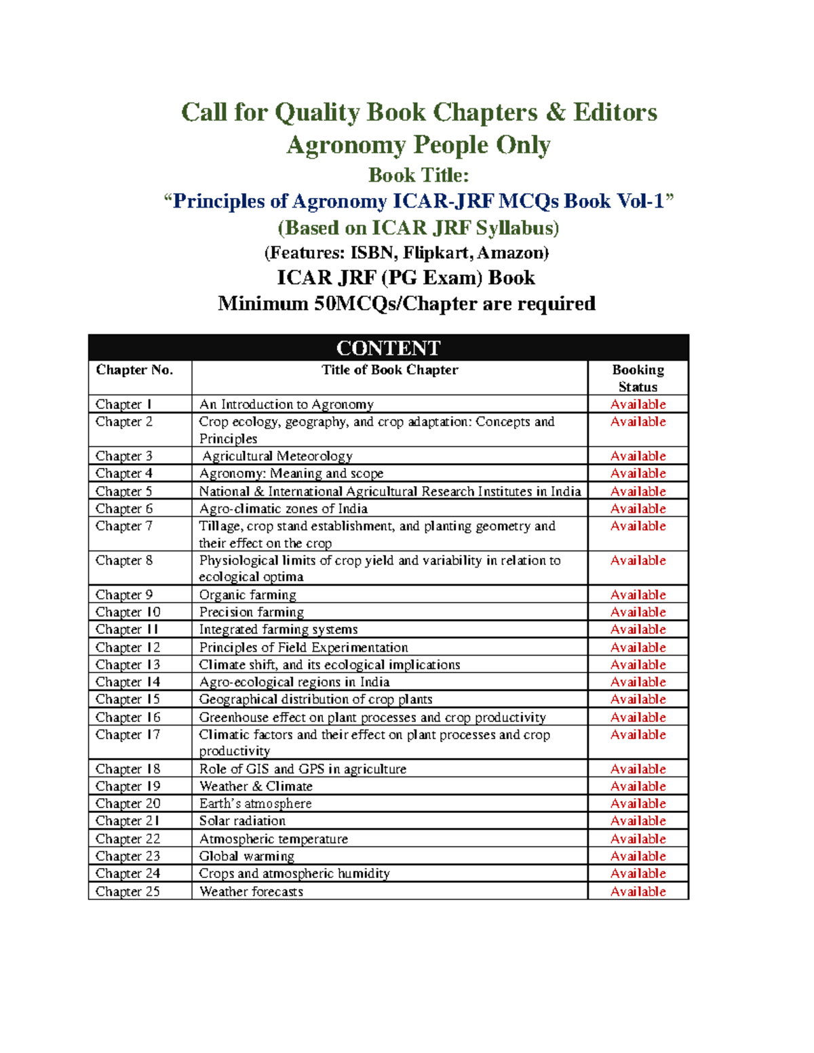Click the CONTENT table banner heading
[x=388, y=348]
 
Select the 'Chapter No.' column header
[x=134, y=370]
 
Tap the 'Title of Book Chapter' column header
[x=389, y=370]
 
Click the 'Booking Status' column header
[x=638, y=378]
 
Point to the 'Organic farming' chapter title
[x=248, y=595]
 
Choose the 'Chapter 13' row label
[x=128, y=664]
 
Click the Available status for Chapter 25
[x=638, y=891]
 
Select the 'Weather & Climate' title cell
[x=256, y=786]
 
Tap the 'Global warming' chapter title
[x=247, y=856]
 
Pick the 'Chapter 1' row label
[x=123, y=404]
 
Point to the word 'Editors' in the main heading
[x=615, y=113]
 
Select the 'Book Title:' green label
[x=419, y=175]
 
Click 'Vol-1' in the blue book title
[x=640, y=201]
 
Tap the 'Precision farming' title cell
[x=252, y=612]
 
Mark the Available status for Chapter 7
[x=638, y=525]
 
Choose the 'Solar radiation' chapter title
[x=242, y=820]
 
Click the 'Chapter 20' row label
[x=128, y=803]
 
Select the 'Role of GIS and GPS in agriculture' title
[x=303, y=769]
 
